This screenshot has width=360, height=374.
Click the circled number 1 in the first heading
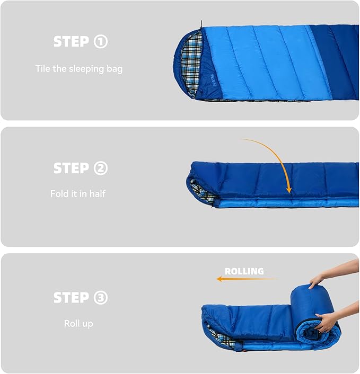pos(101,41)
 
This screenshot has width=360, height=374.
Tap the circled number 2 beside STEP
pos(101,168)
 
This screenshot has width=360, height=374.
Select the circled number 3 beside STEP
pos(101,297)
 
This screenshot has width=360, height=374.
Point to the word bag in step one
pos(115,69)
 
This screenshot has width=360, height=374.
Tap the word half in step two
pos(98,194)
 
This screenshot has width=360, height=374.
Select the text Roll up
pos(78,324)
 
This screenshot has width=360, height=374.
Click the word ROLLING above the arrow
pos(244,271)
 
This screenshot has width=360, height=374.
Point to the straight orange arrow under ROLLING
pos(247,279)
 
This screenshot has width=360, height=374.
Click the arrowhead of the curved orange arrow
pos(289,190)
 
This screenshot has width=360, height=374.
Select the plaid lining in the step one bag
pos(191,65)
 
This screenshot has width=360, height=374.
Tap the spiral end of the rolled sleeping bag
pos(317,332)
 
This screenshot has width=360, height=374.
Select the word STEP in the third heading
pos(72,297)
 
